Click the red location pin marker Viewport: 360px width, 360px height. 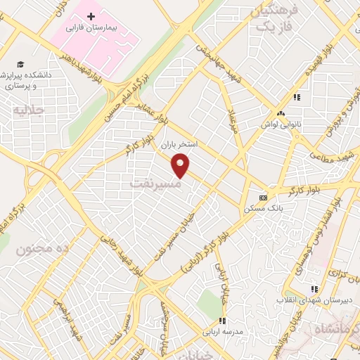click(181, 165)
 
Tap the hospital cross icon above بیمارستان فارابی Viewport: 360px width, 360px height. click(91, 16)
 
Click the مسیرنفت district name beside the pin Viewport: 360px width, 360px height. click(155, 183)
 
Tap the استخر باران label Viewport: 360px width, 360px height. click(181, 143)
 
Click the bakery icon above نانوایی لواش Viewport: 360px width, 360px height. click(281, 113)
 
